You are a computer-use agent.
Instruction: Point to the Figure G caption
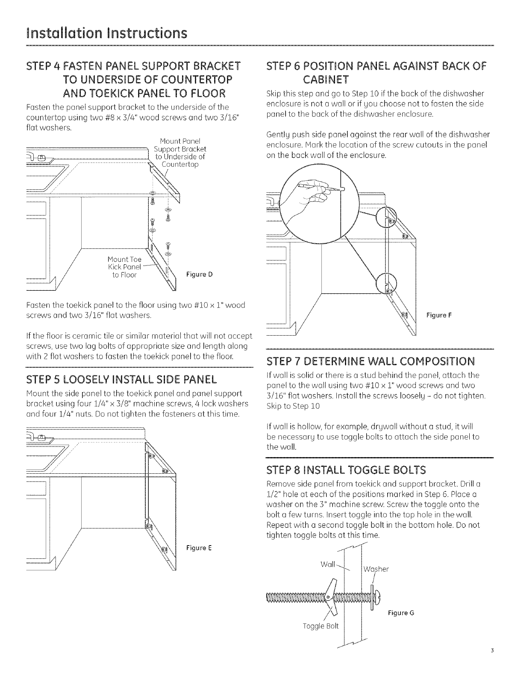click(x=400, y=613)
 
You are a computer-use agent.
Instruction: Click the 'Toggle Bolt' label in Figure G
click(x=320, y=626)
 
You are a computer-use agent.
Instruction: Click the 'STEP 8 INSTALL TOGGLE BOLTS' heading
click(x=346, y=471)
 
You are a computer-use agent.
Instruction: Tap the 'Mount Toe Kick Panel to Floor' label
click(x=124, y=267)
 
